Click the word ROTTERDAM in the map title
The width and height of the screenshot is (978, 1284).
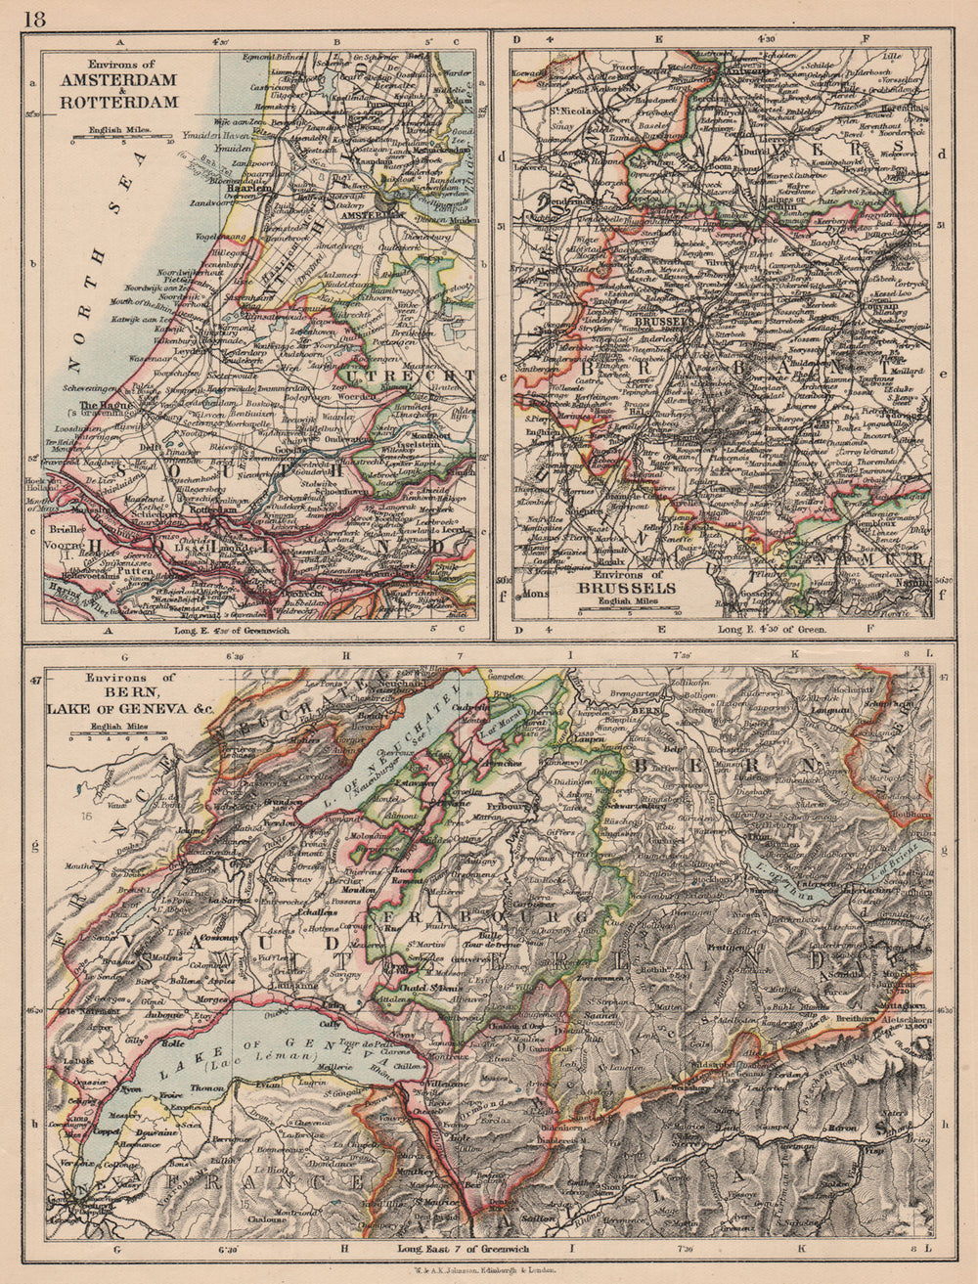click(119, 101)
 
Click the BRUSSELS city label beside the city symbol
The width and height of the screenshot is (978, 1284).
click(662, 319)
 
